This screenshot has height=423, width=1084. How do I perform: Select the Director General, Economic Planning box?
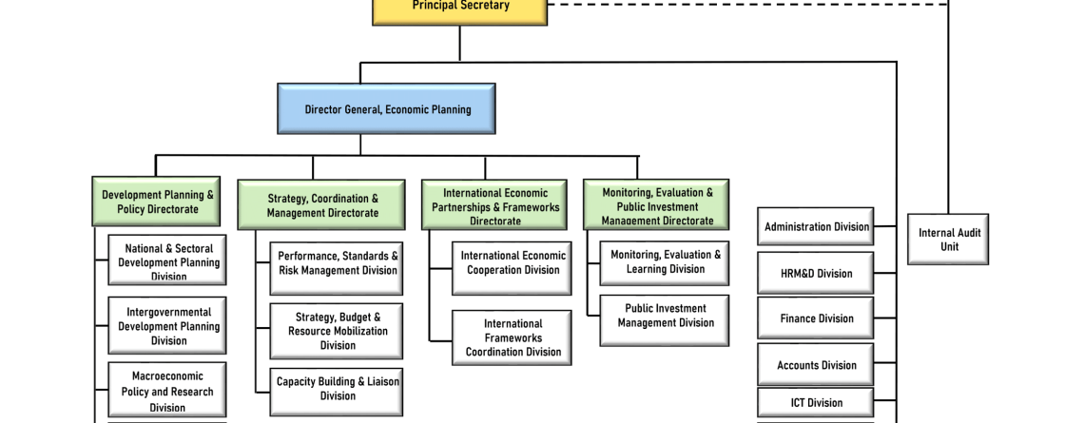tap(387, 108)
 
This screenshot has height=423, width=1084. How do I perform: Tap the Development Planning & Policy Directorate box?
tap(157, 202)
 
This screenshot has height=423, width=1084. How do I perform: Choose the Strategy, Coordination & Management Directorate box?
tap(322, 205)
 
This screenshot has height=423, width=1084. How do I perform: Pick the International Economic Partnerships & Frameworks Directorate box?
tap(494, 205)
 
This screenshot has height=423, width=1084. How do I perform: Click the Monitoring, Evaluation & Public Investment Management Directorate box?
tap(656, 204)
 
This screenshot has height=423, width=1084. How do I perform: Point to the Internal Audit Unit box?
tap(948, 239)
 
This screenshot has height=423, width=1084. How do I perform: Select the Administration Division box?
tap(816, 227)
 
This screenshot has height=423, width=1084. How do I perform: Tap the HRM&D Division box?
tap(816, 273)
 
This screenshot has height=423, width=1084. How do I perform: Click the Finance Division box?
tap(816, 318)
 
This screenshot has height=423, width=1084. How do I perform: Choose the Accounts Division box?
tap(816, 365)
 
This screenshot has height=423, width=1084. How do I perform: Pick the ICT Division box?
tap(816, 402)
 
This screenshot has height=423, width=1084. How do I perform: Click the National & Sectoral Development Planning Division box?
tap(167, 260)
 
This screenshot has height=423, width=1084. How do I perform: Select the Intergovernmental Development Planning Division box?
tap(167, 325)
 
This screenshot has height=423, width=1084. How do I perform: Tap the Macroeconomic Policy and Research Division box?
tap(167, 390)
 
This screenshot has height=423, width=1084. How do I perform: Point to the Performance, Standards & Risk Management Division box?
tap(337, 264)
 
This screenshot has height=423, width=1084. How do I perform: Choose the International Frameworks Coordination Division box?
tap(512, 337)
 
